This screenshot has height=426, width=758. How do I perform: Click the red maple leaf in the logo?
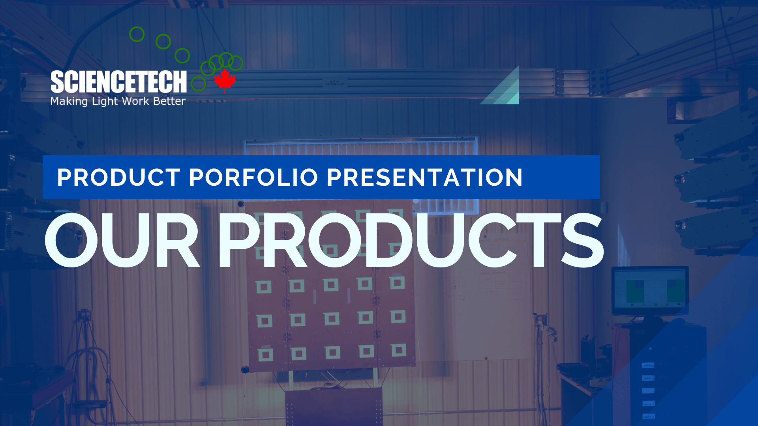click(x=225, y=80)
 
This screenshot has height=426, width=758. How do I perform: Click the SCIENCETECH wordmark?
click(x=118, y=82)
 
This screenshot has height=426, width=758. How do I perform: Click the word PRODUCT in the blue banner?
click(x=119, y=177)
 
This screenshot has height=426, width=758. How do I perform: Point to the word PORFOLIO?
click(x=253, y=177)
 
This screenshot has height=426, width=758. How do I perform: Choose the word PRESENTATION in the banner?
click(x=425, y=177)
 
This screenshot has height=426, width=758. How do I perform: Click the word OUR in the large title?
click(x=122, y=240)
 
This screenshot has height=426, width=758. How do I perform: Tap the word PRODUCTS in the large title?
click(x=411, y=240)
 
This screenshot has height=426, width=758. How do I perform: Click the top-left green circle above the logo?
click(x=137, y=34)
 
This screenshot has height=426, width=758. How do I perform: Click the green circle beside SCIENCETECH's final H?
click(x=199, y=84)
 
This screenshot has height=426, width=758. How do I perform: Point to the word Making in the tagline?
click(x=69, y=102)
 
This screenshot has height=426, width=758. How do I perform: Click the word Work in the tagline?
click(x=135, y=101)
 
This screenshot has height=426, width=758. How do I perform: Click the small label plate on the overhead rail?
click(x=335, y=83)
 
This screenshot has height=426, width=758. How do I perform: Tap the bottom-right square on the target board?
click(x=398, y=350)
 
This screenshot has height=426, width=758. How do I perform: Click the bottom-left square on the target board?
click(x=265, y=355)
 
